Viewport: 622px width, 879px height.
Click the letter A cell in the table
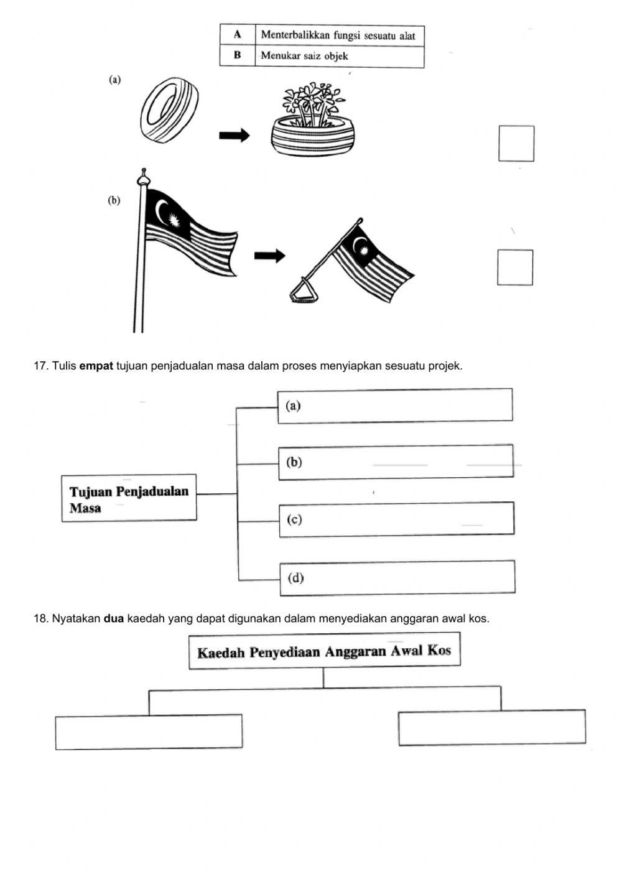[x=237, y=35]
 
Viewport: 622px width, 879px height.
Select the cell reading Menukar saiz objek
[x=339, y=56]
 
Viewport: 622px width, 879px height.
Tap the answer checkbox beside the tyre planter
[x=516, y=143]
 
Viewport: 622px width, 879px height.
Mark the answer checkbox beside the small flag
[x=515, y=267]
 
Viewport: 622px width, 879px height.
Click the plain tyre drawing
[x=169, y=111]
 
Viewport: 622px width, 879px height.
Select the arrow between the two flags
[x=269, y=256]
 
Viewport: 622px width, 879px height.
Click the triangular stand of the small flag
[x=304, y=291]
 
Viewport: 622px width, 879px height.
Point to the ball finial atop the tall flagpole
[x=144, y=177]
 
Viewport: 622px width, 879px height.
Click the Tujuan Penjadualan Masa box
[x=129, y=498]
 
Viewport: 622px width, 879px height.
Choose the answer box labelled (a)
[x=395, y=406]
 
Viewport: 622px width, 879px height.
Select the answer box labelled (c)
[x=396, y=519]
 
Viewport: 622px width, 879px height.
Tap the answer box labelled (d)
[x=397, y=577]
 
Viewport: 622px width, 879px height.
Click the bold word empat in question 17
[x=96, y=366]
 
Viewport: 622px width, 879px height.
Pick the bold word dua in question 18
[x=114, y=618]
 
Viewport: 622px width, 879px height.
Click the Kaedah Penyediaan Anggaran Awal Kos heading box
[x=324, y=651]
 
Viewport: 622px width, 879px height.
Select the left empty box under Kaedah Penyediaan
[x=149, y=732]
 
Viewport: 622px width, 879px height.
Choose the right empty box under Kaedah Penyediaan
[x=491, y=727]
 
